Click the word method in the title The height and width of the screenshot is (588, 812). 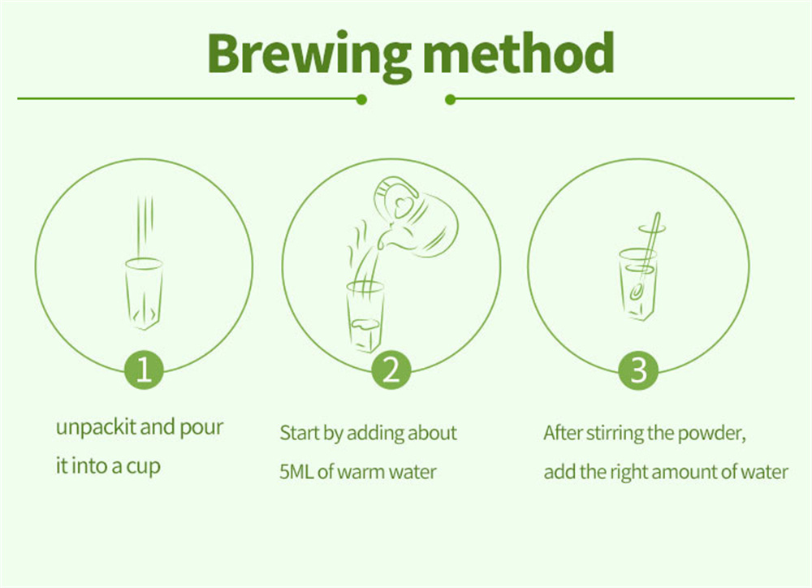(x=519, y=53)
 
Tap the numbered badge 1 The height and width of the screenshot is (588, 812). (x=144, y=370)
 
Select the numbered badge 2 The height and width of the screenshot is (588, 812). (x=391, y=370)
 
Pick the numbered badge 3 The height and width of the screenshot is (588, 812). (x=638, y=370)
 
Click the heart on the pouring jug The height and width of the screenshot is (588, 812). (x=404, y=207)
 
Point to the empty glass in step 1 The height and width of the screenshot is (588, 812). (x=144, y=293)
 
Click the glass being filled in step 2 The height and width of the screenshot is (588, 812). (x=365, y=316)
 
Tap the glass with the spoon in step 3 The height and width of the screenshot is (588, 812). (x=638, y=284)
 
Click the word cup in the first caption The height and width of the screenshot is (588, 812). (x=144, y=467)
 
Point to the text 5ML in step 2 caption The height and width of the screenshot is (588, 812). (x=296, y=472)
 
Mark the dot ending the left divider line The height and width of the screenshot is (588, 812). (x=362, y=99)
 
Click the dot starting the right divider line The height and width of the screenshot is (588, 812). (x=450, y=99)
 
